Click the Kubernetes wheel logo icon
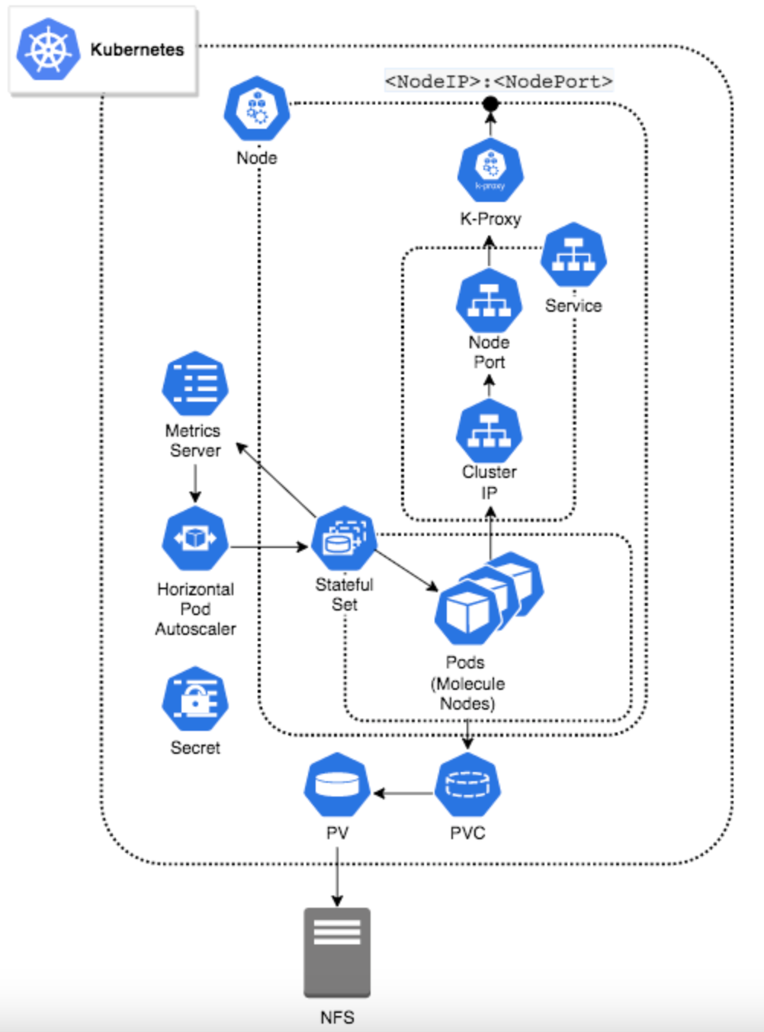click(x=48, y=50)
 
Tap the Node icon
click(x=257, y=109)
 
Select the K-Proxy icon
click(x=490, y=171)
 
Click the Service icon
click(x=573, y=255)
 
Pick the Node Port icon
click(x=489, y=300)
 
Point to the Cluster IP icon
click(x=489, y=431)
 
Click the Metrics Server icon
click(x=195, y=383)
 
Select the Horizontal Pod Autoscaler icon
click(x=195, y=539)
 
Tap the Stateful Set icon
click(x=345, y=539)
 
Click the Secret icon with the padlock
click(x=195, y=700)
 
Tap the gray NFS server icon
click(x=337, y=952)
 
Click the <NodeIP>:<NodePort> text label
click(x=499, y=81)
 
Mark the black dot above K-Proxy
click(x=490, y=104)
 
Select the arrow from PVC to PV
click(x=403, y=793)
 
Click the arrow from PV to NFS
click(x=337, y=877)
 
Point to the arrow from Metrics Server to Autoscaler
click(x=195, y=483)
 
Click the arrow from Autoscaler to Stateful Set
click(x=269, y=546)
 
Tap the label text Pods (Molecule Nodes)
click(x=467, y=683)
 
